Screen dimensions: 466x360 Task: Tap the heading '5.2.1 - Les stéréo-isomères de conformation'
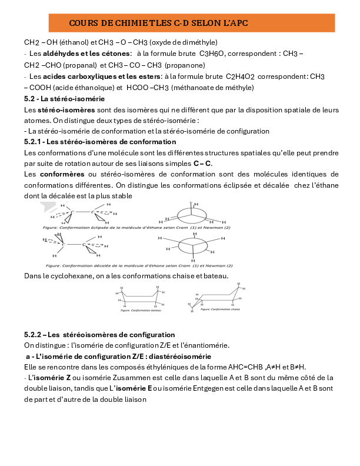point(99,142)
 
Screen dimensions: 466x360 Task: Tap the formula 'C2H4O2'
point(241,76)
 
